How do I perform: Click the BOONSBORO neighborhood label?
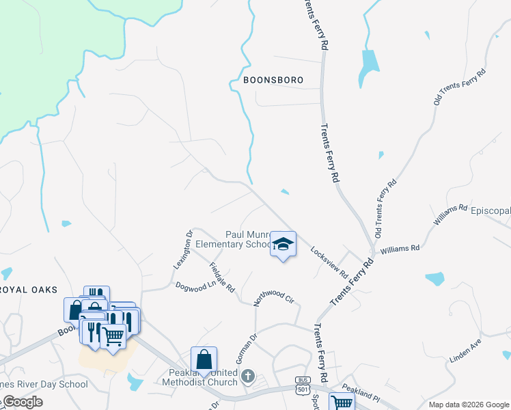[273, 80]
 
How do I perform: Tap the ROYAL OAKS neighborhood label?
[28, 290]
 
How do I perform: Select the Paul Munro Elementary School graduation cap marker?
[283, 245]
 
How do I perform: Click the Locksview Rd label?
[329, 262]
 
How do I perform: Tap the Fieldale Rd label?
[222, 279]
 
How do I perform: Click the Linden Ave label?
[466, 350]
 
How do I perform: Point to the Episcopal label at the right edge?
[491, 210]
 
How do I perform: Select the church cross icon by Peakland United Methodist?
[248, 377]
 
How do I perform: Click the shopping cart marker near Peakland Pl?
[341, 402]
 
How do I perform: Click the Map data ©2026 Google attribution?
[469, 405]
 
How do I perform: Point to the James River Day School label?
[44, 384]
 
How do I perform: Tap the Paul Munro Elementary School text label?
[234, 239]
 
